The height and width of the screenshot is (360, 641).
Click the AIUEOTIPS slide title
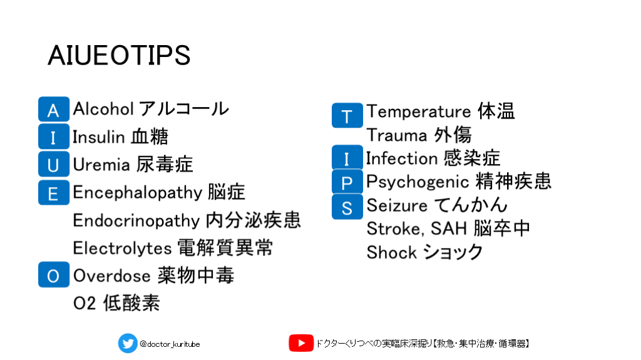[119, 55]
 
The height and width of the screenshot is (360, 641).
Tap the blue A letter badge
[54, 109]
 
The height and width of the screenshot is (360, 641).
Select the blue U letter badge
[54, 164]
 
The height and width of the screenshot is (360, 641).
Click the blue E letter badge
[54, 192]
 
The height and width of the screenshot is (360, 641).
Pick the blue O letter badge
[54, 274]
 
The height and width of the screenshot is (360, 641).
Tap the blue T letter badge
[347, 115]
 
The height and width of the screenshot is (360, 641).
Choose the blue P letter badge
[347, 182]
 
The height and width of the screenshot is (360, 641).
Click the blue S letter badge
[347, 207]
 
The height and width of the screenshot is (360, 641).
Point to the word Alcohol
[103, 109]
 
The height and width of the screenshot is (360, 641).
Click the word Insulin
[98, 136]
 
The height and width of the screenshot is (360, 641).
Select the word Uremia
[101, 165]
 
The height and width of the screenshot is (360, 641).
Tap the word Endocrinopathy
[136, 221]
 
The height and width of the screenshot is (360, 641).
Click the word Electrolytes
[122, 248]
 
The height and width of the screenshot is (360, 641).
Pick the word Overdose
[111, 275]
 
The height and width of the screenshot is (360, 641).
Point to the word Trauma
[397, 135]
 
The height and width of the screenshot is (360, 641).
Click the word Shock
[392, 252]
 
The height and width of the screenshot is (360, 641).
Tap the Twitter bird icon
[128, 343]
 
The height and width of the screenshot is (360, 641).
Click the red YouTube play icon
[301, 343]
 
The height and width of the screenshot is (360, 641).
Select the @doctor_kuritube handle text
[170, 344]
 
